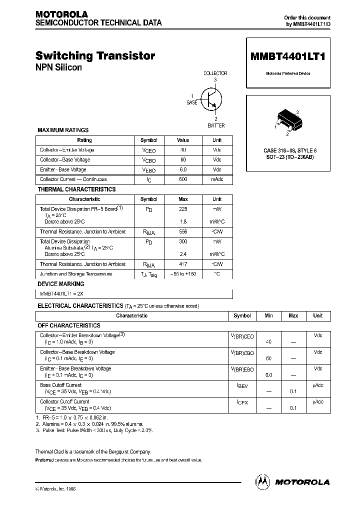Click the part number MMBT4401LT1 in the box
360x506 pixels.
287,57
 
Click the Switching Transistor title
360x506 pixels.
95,56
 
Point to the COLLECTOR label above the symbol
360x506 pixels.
215,73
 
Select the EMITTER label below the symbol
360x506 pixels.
216,125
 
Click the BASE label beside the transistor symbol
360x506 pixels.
192,102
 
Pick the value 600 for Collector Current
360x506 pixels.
183,179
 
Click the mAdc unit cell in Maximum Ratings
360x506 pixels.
217,179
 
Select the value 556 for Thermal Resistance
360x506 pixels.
183,232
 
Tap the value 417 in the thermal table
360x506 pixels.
183,264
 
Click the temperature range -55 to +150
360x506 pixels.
183,274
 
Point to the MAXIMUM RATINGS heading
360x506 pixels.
63,130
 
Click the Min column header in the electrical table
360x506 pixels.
268,316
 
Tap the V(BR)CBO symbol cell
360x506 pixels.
242,353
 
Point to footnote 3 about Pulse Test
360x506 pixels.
95,430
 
